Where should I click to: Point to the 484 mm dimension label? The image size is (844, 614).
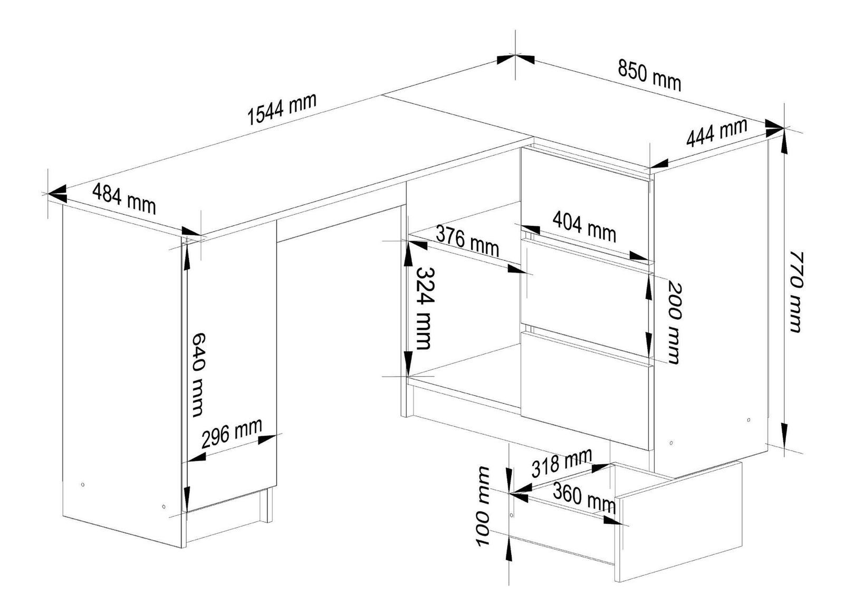pos(124,198)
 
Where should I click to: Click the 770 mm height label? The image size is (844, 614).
pos(796,292)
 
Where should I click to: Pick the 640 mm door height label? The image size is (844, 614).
pos(198,375)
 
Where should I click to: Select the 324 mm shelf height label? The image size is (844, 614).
pos(425,309)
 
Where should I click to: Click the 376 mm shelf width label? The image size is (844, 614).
pos(467,242)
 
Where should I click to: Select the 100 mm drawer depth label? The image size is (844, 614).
pos(483,506)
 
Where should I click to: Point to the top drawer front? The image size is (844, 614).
pos(586,204)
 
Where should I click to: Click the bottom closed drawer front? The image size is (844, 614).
pos(586,391)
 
